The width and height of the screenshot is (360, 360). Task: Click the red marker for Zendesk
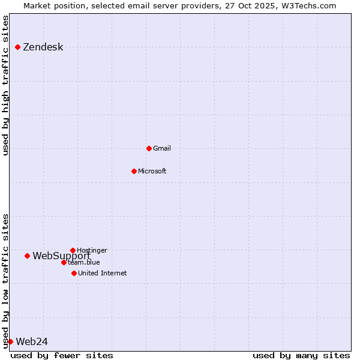pos(18,47)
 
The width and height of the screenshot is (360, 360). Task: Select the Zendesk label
pos(43,47)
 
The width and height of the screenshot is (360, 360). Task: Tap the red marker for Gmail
pos(149,148)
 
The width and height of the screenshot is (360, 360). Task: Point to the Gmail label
pos(162,148)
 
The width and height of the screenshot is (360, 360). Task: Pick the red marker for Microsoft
pos(134,171)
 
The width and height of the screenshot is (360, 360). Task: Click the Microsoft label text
pos(152,171)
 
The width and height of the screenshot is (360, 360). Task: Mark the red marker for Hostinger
pos(73,250)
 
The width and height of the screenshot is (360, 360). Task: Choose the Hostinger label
pos(92,250)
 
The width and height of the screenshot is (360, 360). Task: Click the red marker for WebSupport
pos(27,256)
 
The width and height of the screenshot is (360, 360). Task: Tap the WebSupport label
pos(61,256)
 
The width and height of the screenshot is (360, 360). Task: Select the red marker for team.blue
pos(64,262)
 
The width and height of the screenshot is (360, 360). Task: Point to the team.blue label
pos(84,262)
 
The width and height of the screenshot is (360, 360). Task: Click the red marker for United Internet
pos(74,273)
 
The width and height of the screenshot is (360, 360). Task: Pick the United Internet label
pos(102,273)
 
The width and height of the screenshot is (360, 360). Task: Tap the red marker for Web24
pos(10,341)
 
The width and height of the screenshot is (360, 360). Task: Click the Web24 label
pos(32,342)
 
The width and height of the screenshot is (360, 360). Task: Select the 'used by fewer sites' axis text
pos(62,355)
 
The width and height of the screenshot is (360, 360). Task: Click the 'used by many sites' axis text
pos(301,355)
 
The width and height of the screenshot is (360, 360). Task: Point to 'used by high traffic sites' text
pos(5,85)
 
